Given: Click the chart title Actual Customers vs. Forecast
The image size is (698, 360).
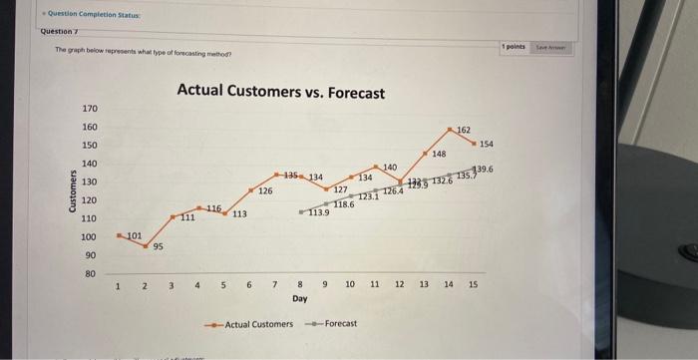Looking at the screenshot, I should point(280,92).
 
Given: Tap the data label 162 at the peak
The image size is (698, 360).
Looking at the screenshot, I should point(464,131).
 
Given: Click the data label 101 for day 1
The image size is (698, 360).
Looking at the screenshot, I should point(135,234).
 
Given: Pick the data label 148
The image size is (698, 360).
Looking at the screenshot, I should point(439,154).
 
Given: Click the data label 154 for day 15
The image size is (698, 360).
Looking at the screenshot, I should point(487,145).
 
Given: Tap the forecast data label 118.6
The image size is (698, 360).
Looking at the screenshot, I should point(343,203).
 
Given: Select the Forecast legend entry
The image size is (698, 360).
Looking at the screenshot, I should point(339,324).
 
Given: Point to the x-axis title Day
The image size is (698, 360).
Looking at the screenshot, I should point(299,298).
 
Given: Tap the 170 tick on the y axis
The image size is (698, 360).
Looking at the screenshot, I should point(89,108).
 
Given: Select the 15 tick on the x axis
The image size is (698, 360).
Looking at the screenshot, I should point(473,285).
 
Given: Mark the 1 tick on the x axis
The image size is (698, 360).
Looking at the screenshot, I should point(119,285).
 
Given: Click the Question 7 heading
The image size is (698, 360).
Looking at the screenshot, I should point(60,31).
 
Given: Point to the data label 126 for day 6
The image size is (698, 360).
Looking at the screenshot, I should point(265,189).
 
